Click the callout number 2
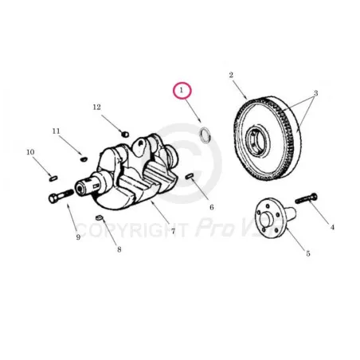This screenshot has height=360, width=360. [231, 75]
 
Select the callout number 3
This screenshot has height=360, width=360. [315, 93]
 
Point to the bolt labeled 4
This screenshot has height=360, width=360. [307, 199]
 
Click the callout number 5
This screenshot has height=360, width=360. [308, 253]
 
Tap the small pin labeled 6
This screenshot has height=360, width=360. [190, 176]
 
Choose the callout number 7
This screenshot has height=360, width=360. [173, 231]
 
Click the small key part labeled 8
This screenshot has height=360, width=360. [99, 217]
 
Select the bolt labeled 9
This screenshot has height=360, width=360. [61, 196]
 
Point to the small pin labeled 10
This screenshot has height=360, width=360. [53, 178]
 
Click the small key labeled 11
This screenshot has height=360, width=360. [84, 159]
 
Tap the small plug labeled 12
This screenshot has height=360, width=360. [125, 134]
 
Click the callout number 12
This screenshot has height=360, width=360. [97, 108]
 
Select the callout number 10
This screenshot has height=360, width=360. [30, 152]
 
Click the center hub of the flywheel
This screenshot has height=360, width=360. [257, 140]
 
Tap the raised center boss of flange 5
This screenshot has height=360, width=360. [266, 219]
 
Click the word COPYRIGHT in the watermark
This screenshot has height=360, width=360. [132, 230]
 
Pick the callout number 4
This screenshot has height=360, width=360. [332, 227]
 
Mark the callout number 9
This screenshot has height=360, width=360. [78, 237]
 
